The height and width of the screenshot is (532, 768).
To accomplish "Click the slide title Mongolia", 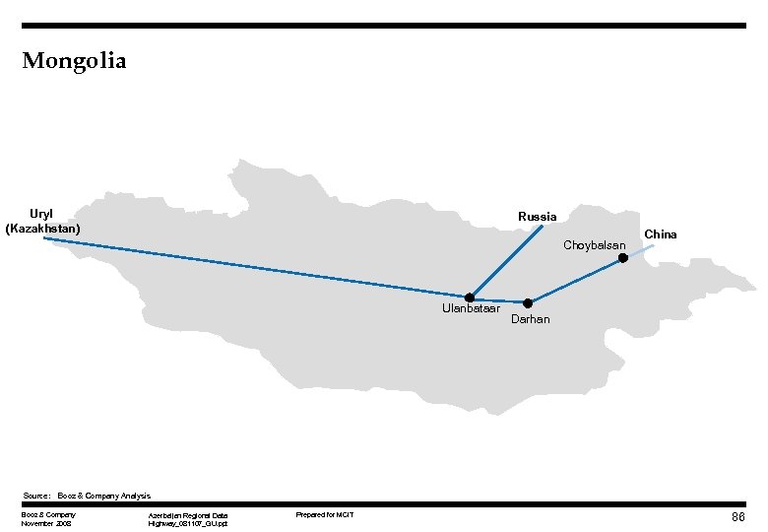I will tap(74, 61).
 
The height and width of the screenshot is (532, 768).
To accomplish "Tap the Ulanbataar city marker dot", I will tap(470, 298).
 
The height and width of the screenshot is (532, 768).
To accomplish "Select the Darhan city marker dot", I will tap(528, 302).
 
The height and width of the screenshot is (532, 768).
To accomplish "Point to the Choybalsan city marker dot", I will tap(622, 258).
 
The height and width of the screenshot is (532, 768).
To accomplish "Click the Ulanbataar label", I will tap(472, 312).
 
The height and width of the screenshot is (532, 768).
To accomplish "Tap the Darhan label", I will tap(531, 319).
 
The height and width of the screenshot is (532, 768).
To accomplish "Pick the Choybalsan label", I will tap(594, 244).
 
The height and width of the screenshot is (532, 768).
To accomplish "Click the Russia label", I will tap(537, 216).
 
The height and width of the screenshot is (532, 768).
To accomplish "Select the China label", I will tap(661, 234).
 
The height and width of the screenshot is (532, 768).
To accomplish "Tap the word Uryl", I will tap(41, 214).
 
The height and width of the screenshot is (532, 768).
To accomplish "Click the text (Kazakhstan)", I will tap(42, 228).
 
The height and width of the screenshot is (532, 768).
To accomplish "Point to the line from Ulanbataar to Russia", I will tap(506, 261).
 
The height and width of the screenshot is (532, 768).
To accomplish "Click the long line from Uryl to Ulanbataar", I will tap(256, 267).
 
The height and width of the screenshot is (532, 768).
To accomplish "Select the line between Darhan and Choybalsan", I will tap(575, 281).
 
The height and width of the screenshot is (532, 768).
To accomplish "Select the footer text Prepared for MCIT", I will tap(325, 515).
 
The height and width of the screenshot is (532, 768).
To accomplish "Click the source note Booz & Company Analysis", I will tap(103, 495).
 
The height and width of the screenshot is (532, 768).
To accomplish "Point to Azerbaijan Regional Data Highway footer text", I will tap(187, 519).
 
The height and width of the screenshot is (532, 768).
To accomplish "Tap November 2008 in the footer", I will tap(46, 523).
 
